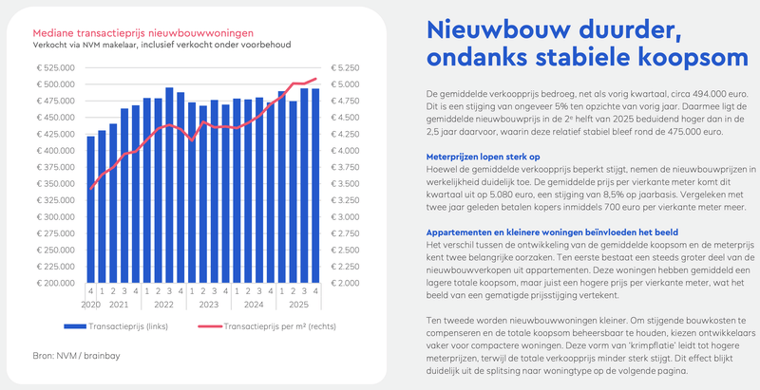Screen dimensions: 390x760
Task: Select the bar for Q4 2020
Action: pos(90,209)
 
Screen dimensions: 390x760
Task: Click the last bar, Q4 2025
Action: pos(315,185)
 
